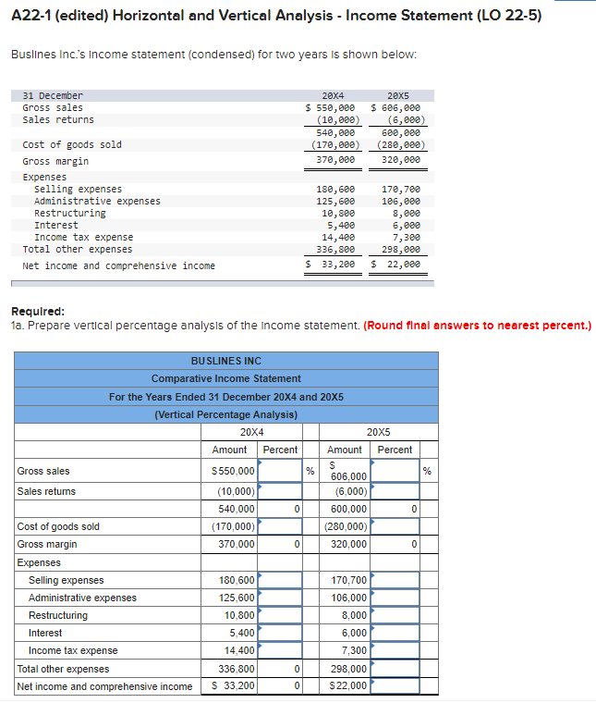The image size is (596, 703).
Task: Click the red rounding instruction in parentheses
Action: pos(477,326)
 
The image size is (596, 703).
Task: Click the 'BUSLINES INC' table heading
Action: pos(225,361)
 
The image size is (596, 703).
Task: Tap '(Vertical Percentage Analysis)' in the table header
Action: pos(225,414)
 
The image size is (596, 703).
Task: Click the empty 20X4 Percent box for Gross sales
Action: pos(281,471)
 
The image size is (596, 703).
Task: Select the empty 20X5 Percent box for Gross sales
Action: pos(396,471)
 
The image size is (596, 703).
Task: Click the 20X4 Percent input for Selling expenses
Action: pos(281,580)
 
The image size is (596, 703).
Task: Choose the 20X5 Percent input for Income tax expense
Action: pos(396,650)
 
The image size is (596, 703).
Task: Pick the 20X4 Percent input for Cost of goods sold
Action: pos(281,526)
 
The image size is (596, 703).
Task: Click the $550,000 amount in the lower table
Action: pos(234,471)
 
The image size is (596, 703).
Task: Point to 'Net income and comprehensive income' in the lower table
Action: pos(105,686)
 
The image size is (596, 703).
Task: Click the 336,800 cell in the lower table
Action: pos(236,669)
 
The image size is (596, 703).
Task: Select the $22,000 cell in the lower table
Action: pos(347,686)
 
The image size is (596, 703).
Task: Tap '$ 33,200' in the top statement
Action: pos(331,265)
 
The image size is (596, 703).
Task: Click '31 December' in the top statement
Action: pos(53,95)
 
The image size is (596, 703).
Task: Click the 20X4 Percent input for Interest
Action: pos(281,633)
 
